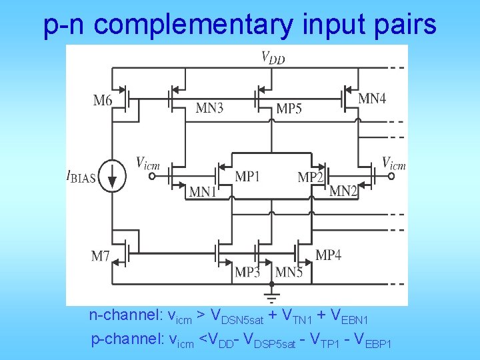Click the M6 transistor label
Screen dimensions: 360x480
point(103,101)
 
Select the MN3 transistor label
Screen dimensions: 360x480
point(209,108)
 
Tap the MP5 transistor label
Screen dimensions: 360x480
point(289,108)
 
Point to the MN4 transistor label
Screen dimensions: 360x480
point(372,99)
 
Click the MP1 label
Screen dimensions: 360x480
point(247,177)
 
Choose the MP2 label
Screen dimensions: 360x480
point(311,177)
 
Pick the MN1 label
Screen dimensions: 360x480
point(203,192)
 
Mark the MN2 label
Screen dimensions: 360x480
point(343,191)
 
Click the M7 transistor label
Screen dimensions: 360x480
point(101,255)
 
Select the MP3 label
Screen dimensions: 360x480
point(247,272)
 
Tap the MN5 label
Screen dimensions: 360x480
point(289,272)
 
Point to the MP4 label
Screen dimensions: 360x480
point(328,255)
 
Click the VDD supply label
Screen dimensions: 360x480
point(272,57)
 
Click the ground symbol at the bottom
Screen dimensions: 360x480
point(271,294)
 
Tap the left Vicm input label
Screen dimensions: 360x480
point(148,162)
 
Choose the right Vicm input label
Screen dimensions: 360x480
point(393,162)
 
